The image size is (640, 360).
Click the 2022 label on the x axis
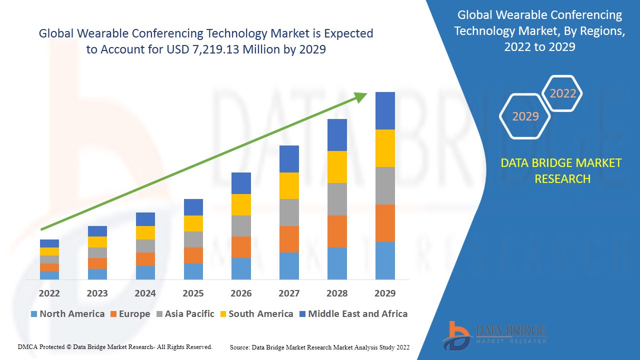point(49,293)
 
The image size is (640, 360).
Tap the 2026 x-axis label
point(241,293)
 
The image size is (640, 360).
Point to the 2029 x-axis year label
point(385,293)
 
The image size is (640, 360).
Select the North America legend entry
point(67,314)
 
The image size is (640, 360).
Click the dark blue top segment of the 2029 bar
point(385,110)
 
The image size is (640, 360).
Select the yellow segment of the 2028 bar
point(337,167)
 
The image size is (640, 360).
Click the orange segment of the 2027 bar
point(289,239)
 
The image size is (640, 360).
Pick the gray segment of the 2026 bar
point(241,226)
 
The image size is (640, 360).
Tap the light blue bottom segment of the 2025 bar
point(193,271)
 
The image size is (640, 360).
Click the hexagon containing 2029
point(525,116)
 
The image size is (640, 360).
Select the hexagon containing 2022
point(562,93)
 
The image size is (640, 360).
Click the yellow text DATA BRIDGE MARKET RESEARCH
point(561,170)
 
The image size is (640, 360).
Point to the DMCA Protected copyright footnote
point(115,346)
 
